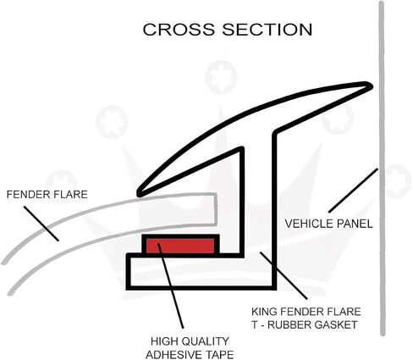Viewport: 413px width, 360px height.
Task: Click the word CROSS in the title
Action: [x=179, y=30]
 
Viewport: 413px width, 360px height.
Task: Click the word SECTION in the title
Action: [x=267, y=30]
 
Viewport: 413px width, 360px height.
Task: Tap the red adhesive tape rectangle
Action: [x=180, y=246]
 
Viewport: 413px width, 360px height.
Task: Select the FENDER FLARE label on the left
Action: [x=47, y=195]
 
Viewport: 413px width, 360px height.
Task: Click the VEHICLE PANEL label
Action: [x=328, y=224]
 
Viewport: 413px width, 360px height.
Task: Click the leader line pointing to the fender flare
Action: [x=41, y=224]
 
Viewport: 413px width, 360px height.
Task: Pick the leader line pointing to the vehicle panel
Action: [x=353, y=190]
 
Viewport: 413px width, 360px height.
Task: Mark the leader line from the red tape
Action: [x=171, y=285]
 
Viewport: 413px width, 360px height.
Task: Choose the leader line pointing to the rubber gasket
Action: [x=284, y=275]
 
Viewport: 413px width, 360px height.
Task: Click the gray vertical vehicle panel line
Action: [x=382, y=169]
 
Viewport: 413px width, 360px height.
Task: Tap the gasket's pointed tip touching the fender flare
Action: [x=139, y=194]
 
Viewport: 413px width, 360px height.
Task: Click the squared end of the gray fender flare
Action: [x=215, y=209]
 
